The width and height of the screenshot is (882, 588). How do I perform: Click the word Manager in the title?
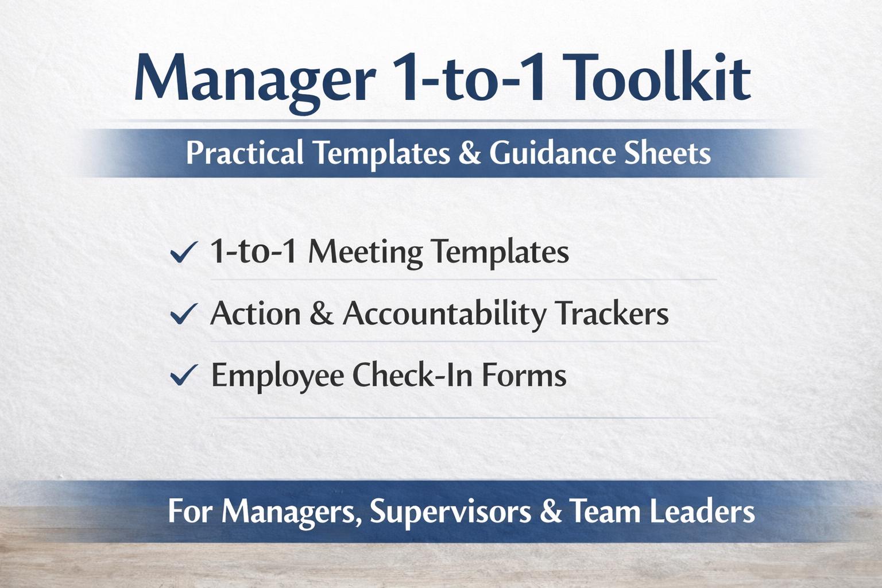(x=254, y=79)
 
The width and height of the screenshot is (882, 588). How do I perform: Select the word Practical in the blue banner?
(x=245, y=153)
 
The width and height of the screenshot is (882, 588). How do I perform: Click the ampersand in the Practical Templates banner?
(x=469, y=153)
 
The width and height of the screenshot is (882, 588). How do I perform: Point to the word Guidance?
(x=552, y=153)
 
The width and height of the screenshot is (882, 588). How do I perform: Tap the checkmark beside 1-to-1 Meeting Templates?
(x=184, y=252)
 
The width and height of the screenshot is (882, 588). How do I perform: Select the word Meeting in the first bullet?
(x=365, y=253)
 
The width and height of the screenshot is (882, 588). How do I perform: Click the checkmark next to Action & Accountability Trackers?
(x=184, y=314)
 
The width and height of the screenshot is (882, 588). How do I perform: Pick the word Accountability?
(x=444, y=314)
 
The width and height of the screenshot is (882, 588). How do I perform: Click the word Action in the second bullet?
(x=256, y=314)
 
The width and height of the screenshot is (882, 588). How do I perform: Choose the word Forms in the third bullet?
(x=524, y=375)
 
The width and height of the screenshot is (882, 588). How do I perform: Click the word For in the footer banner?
(x=191, y=511)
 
